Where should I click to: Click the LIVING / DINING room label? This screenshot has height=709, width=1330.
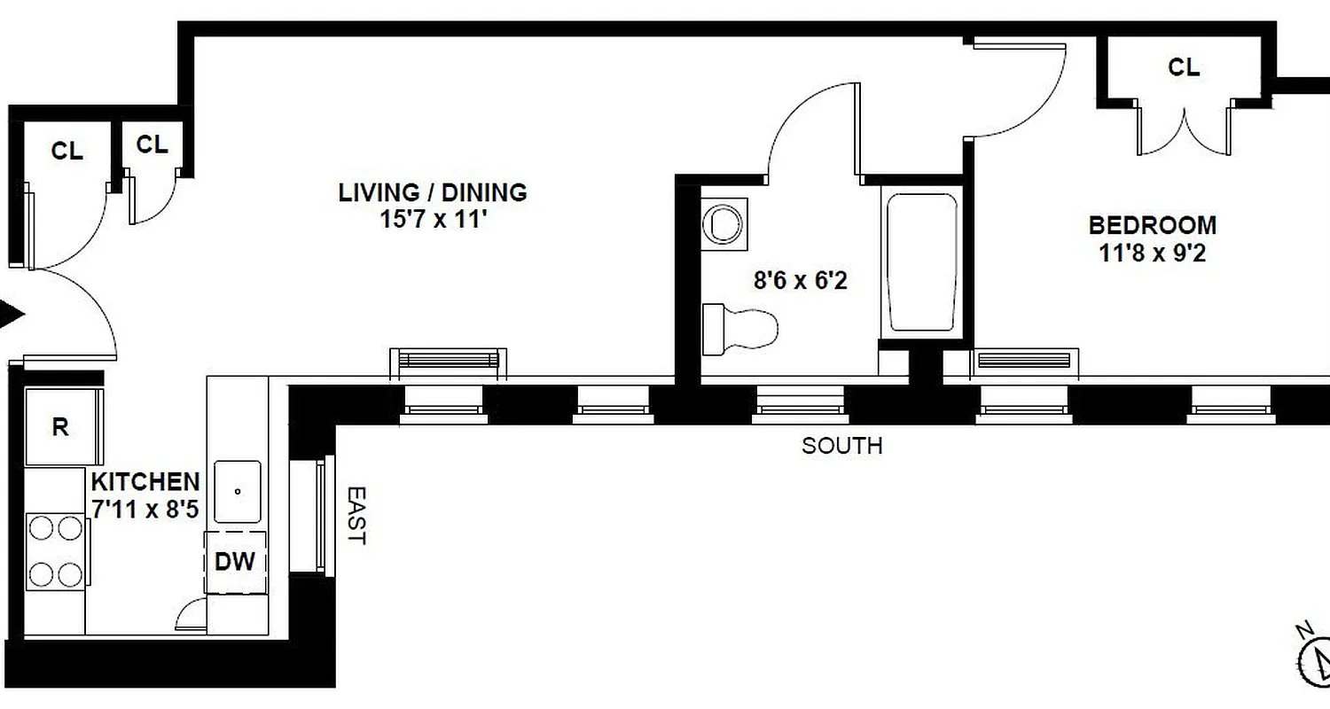pos(433,192)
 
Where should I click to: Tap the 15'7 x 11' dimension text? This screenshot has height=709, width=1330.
pos(433,220)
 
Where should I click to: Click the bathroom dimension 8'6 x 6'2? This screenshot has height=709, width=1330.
pos(800,282)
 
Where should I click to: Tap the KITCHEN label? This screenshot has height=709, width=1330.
pos(145,482)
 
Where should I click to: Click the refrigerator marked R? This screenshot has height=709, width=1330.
pos(61,427)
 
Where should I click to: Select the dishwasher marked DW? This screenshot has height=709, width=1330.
pos(236,562)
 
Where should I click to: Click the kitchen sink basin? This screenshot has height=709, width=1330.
pos(237,492)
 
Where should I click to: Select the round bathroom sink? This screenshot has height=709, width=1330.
pos(724,222)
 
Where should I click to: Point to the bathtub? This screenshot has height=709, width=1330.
pos(921,263)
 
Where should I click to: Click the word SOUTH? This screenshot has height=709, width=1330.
pos(841,446)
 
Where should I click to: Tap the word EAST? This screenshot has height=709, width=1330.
pos(355,515)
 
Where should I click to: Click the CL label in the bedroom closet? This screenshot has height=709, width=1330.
pos(1183,67)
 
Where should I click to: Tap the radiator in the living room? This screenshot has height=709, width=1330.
pos(449,361)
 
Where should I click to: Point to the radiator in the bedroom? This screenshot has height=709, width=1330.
pos(1026,362)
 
